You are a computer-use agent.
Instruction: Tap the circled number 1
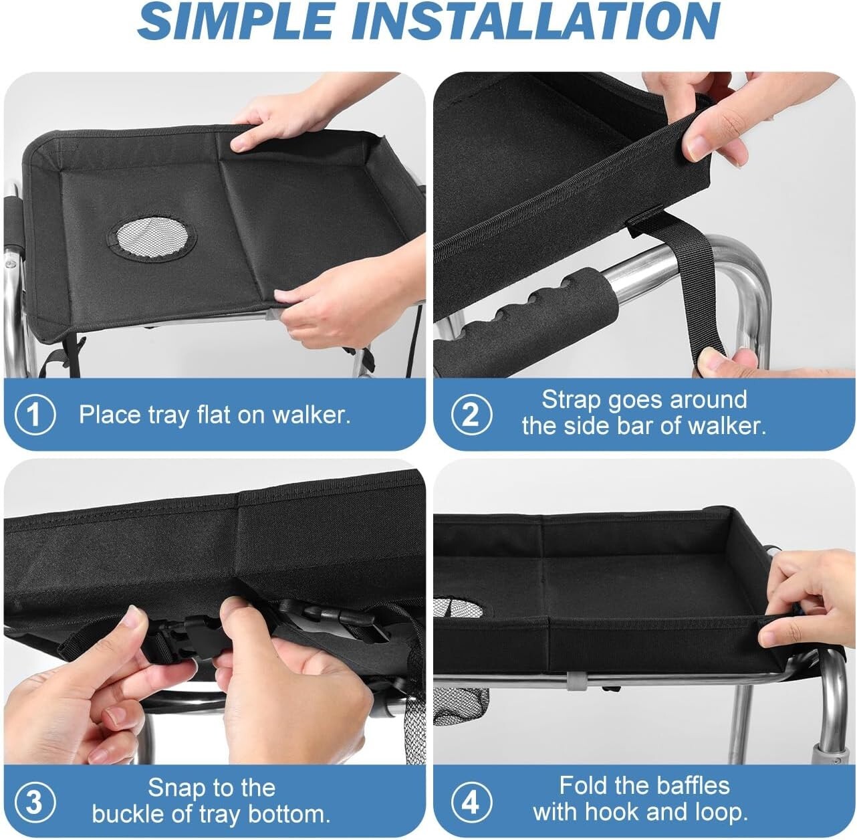[35, 415]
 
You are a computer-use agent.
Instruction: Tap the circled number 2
[471, 415]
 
